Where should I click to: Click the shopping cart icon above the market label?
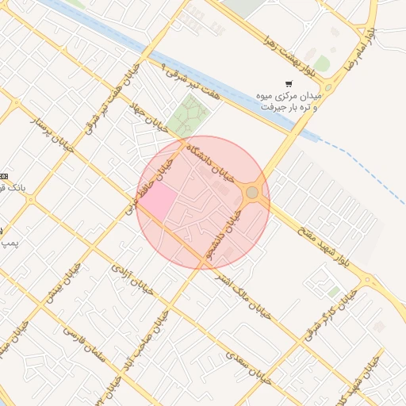[x=289, y=83]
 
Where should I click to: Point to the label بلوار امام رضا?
[x=358, y=52]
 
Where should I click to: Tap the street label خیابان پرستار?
[x=52, y=133]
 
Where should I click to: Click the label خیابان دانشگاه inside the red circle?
[x=210, y=160]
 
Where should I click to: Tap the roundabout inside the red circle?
[x=252, y=193]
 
